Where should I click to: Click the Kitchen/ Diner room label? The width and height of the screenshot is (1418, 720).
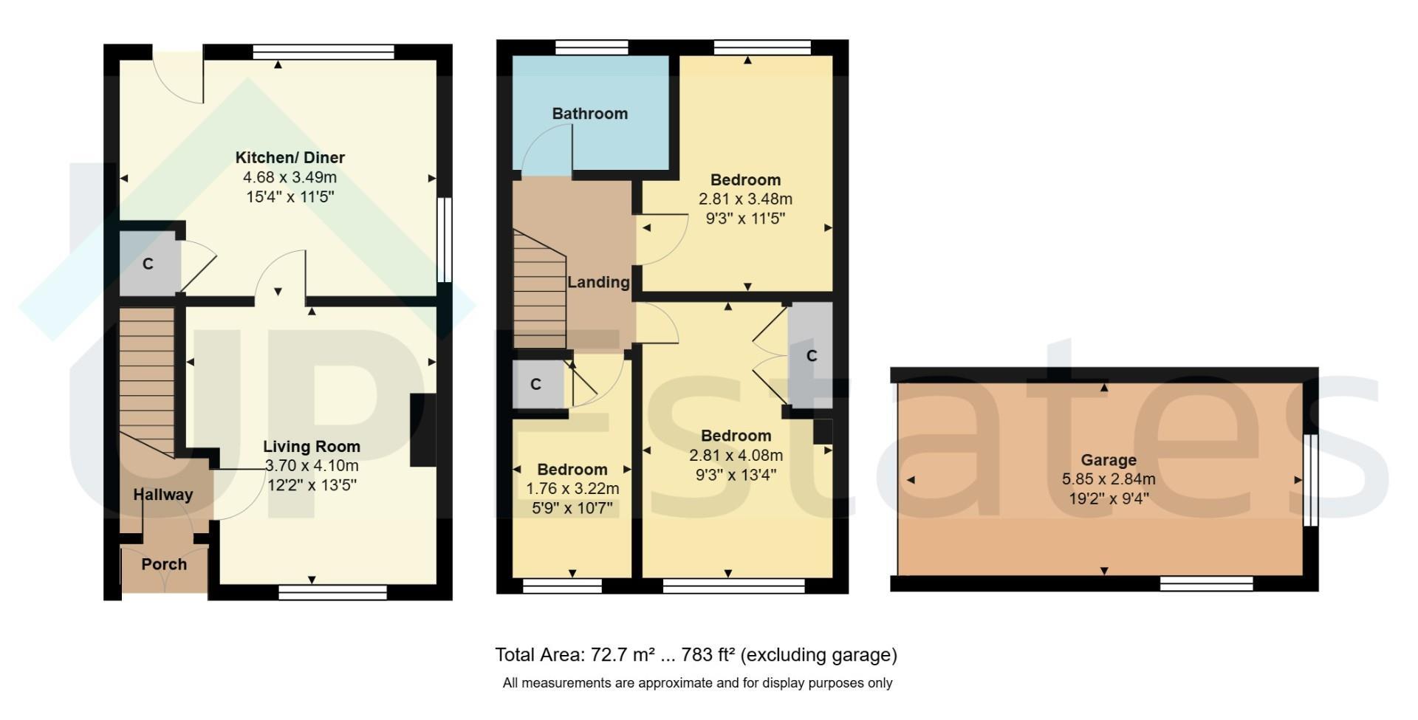tap(290, 157)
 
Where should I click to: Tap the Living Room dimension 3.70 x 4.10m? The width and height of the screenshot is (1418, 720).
tap(312, 466)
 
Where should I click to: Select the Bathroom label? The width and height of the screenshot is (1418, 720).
tap(590, 114)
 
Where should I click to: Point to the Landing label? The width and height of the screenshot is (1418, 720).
tap(598, 282)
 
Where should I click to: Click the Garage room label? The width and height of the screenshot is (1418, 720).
tap(1109, 460)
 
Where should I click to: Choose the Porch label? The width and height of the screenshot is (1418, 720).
tap(164, 564)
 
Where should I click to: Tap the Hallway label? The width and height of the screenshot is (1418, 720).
tap(163, 495)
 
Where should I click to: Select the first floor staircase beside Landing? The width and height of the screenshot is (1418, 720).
tap(540, 289)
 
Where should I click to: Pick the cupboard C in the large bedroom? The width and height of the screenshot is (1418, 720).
tap(810, 355)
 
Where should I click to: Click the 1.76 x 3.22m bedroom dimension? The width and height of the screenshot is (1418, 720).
tap(572, 489)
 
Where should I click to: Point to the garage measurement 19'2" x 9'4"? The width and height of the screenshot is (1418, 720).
tap(1109, 498)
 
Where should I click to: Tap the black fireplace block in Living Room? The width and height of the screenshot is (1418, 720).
tap(423, 430)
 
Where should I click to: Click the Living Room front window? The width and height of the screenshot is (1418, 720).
tap(333, 591)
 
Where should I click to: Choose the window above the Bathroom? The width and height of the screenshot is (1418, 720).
tap(592, 48)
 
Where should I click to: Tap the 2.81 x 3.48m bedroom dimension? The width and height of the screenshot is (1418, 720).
tap(745, 199)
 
